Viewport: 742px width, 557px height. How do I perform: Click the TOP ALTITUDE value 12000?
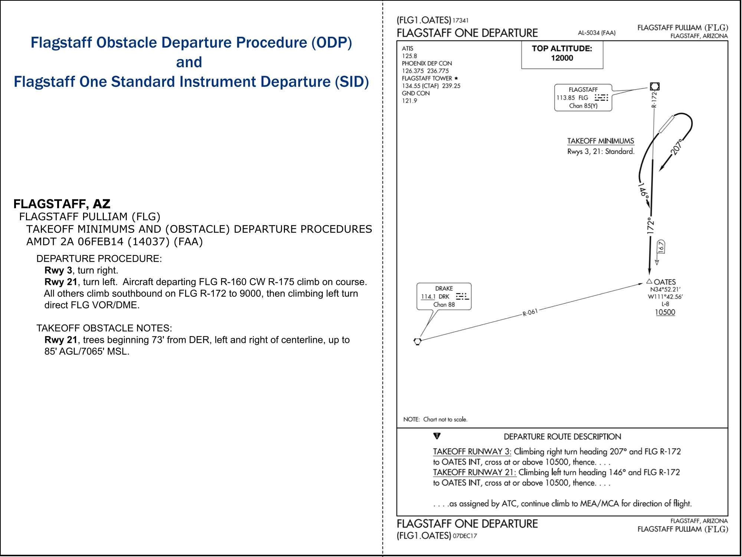tap(562, 58)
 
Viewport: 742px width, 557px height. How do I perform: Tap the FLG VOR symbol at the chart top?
tap(655, 87)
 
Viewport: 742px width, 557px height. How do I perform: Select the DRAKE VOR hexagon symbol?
tap(417, 341)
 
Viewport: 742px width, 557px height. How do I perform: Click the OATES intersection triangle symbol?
tap(649, 281)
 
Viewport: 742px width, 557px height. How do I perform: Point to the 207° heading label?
tap(677, 147)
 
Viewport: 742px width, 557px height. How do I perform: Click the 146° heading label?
tap(643, 190)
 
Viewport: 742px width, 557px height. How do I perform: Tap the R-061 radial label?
tap(530, 312)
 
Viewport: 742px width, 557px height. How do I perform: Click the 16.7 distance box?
tap(661, 247)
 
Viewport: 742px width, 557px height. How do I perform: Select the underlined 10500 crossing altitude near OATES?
tap(665, 312)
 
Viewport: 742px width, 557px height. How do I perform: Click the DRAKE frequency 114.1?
tap(428, 297)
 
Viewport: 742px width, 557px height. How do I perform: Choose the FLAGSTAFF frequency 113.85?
tap(566, 98)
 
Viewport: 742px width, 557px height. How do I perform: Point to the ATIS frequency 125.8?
tap(410, 56)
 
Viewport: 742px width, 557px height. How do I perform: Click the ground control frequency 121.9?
tap(410, 101)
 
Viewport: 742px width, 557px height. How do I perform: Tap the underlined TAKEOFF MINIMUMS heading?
tap(601, 141)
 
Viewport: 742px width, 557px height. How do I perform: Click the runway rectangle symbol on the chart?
tap(666, 124)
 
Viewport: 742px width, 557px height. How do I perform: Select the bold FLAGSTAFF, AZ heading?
tap(62, 204)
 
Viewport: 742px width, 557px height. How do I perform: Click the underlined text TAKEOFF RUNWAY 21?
tap(475, 472)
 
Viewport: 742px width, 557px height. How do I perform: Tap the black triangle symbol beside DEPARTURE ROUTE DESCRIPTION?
tap(437, 436)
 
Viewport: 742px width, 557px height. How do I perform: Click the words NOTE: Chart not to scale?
tap(435, 419)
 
